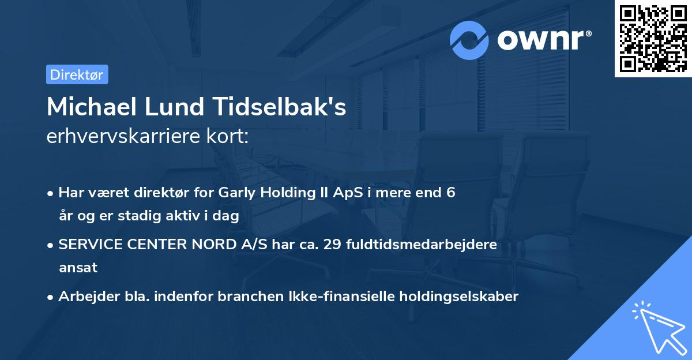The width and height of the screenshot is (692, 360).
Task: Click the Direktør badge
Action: click(77, 74)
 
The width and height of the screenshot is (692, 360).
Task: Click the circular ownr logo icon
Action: click(469, 40)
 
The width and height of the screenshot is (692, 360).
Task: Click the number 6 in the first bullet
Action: click(450, 193)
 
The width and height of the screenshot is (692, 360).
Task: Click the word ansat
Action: click(78, 268)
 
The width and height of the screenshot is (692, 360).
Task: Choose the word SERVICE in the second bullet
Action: click(89, 245)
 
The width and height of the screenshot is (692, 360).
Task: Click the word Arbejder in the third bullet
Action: click(84, 297)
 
